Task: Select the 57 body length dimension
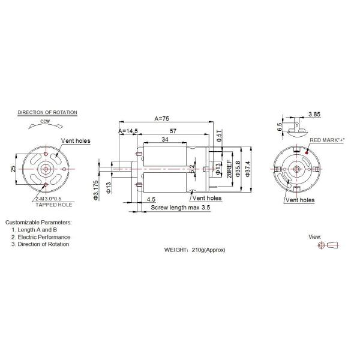point(173,130)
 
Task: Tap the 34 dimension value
point(164,140)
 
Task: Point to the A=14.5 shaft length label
point(128,131)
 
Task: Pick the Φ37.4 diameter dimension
point(247,169)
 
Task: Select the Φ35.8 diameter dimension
point(238,169)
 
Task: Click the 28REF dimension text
point(229,169)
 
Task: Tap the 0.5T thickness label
point(219,133)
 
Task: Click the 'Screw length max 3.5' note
point(180,207)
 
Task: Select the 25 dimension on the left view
point(13,169)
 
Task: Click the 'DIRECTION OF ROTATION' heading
point(47,112)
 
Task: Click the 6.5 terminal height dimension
point(280,127)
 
